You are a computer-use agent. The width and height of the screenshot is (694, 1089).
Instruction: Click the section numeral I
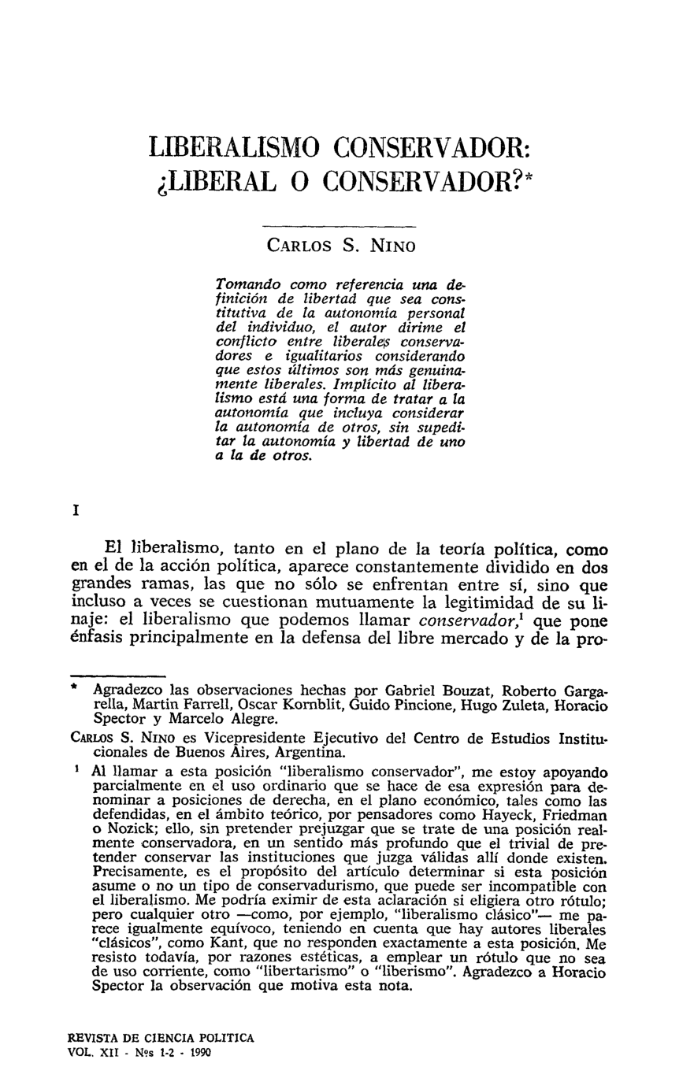pos(75,510)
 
